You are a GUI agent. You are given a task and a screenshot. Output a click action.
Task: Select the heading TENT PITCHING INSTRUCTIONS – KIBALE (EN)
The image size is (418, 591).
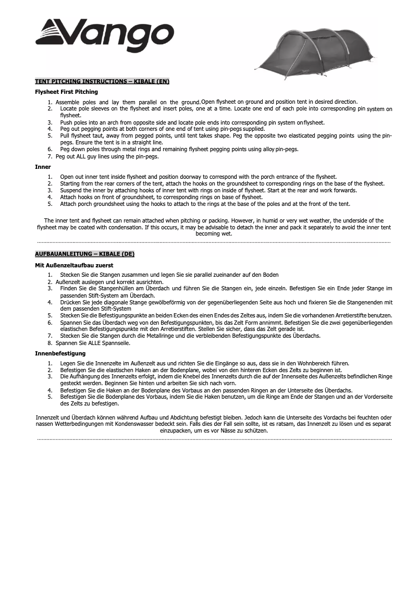(x=102, y=82)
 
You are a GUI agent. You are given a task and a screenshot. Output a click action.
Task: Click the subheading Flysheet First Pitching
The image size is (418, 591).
(x=66, y=92)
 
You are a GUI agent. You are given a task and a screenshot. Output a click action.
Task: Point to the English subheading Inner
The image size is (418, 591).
(x=43, y=167)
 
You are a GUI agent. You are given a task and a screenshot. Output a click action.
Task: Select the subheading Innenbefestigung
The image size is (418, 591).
(x=60, y=353)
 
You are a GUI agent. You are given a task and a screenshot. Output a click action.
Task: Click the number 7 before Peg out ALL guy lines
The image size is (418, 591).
(x=50, y=156)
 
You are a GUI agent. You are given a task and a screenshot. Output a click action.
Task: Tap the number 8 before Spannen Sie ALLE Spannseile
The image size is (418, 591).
(x=50, y=343)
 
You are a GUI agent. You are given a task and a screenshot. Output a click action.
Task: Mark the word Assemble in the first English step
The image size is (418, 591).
(x=66, y=102)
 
